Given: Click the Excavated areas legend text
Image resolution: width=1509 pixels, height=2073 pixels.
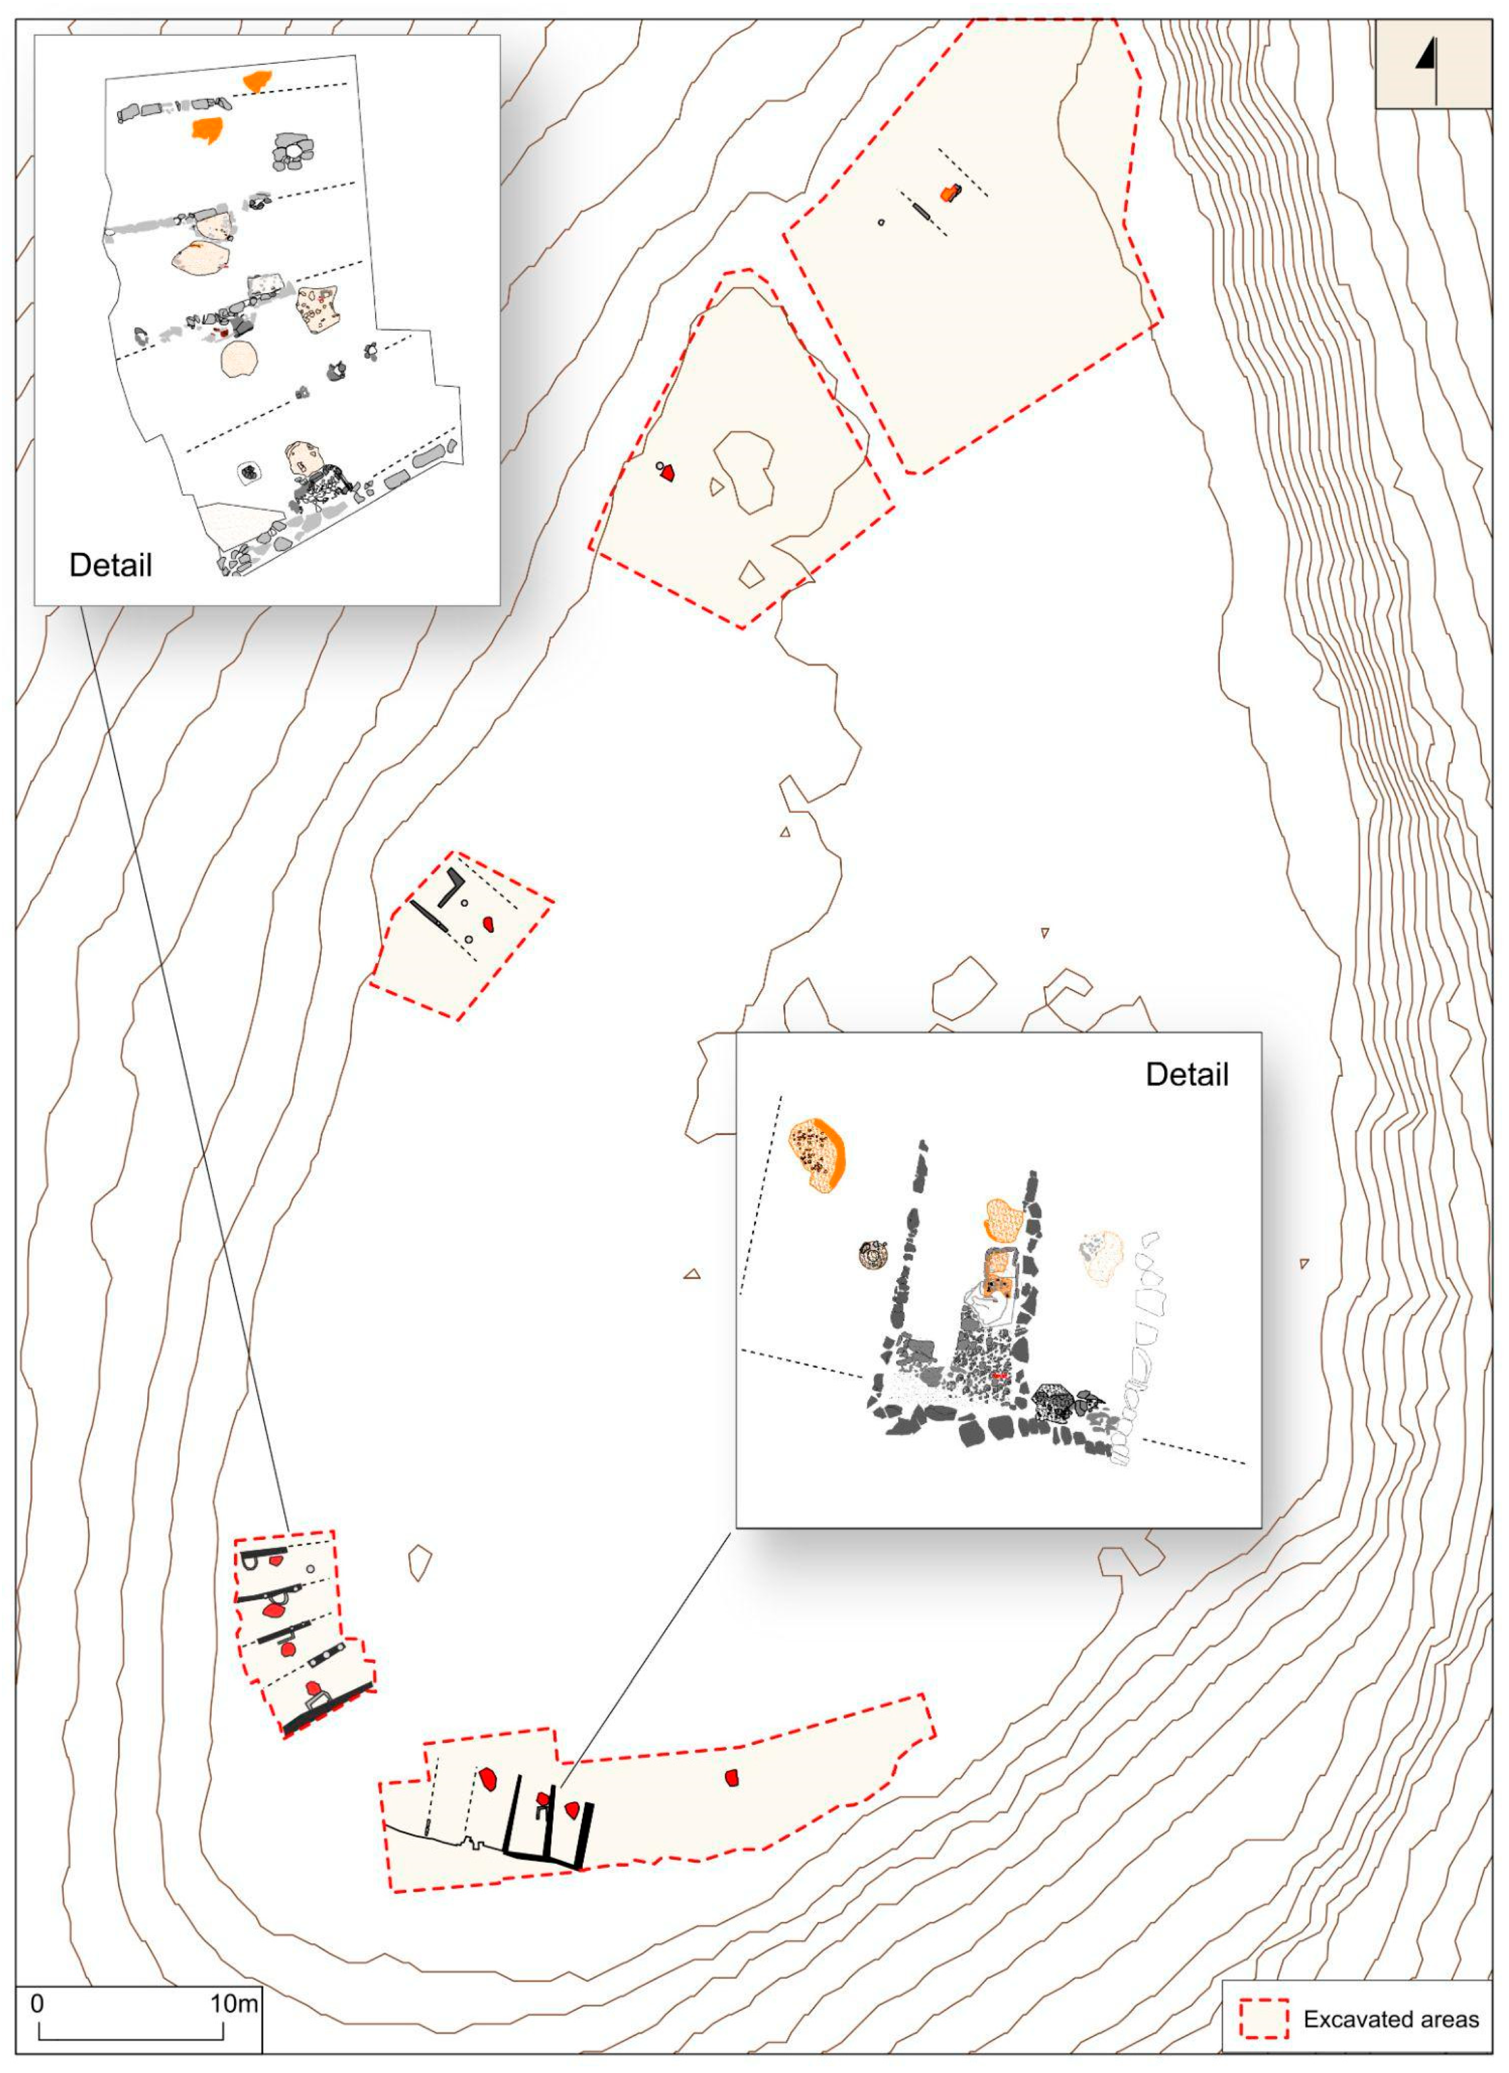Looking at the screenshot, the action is tap(1390, 2038).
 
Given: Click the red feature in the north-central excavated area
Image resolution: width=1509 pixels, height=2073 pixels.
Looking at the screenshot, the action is tap(668, 472).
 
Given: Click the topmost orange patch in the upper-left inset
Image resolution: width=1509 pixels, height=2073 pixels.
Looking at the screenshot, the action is tap(256, 80).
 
